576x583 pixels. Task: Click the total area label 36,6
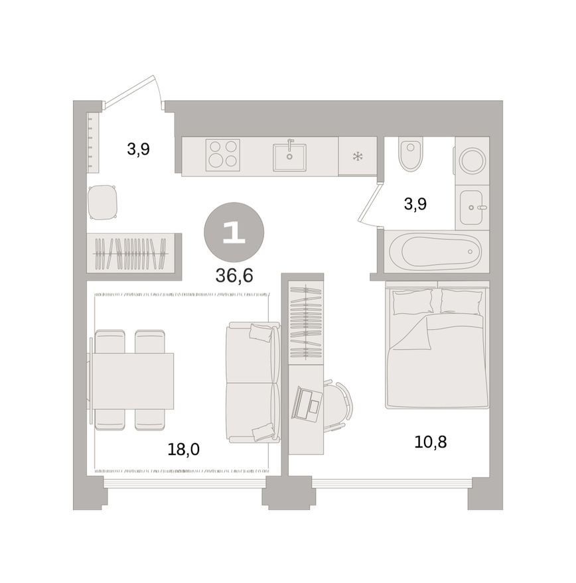pyautogui.click(x=234, y=276)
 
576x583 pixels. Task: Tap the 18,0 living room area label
pyautogui.click(x=183, y=450)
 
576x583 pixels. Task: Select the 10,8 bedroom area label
pyautogui.click(x=430, y=442)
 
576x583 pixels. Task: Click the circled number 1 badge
pyautogui.click(x=234, y=232)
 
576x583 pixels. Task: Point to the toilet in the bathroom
pyautogui.click(x=410, y=154)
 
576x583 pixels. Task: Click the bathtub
pyautogui.click(x=437, y=252)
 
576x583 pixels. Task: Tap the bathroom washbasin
pyautogui.click(x=471, y=208)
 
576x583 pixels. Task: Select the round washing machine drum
pyautogui.click(x=472, y=161)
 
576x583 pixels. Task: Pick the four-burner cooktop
pyautogui.click(x=222, y=155)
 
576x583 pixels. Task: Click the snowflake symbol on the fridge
pyautogui.click(x=358, y=156)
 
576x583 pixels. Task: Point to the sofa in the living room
pyautogui.click(x=253, y=383)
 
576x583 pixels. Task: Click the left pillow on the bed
pyautogui.click(x=413, y=302)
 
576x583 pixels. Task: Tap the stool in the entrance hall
pyautogui.click(x=102, y=202)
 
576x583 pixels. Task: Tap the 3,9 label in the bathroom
pyautogui.click(x=415, y=204)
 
